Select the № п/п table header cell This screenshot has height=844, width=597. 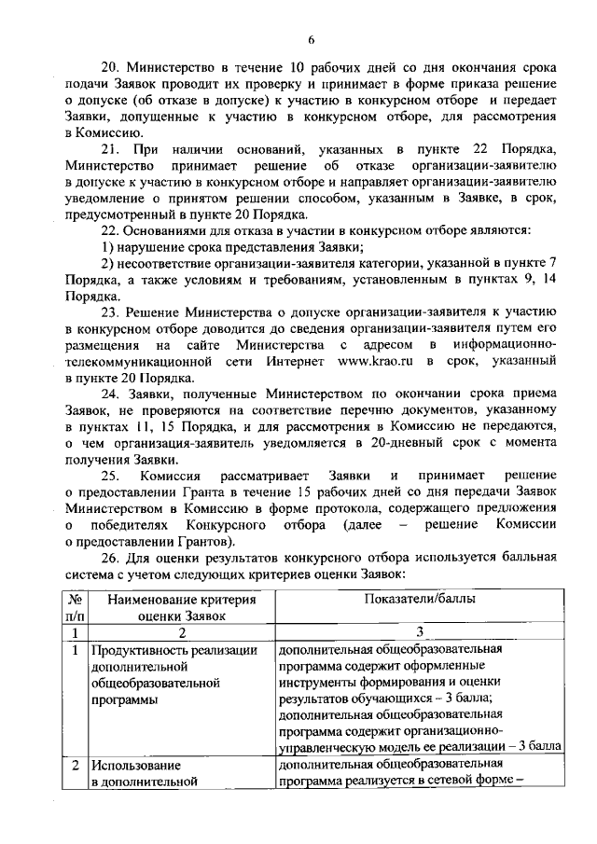pyautogui.click(x=76, y=606)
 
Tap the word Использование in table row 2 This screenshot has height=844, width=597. pyautogui.click(x=134, y=766)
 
